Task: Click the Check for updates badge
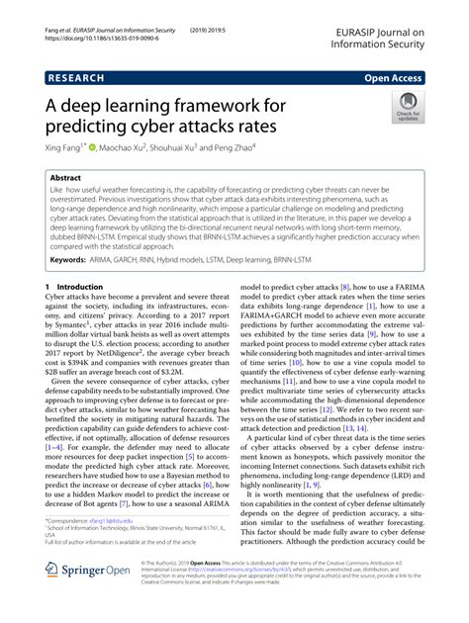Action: (x=406, y=106)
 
